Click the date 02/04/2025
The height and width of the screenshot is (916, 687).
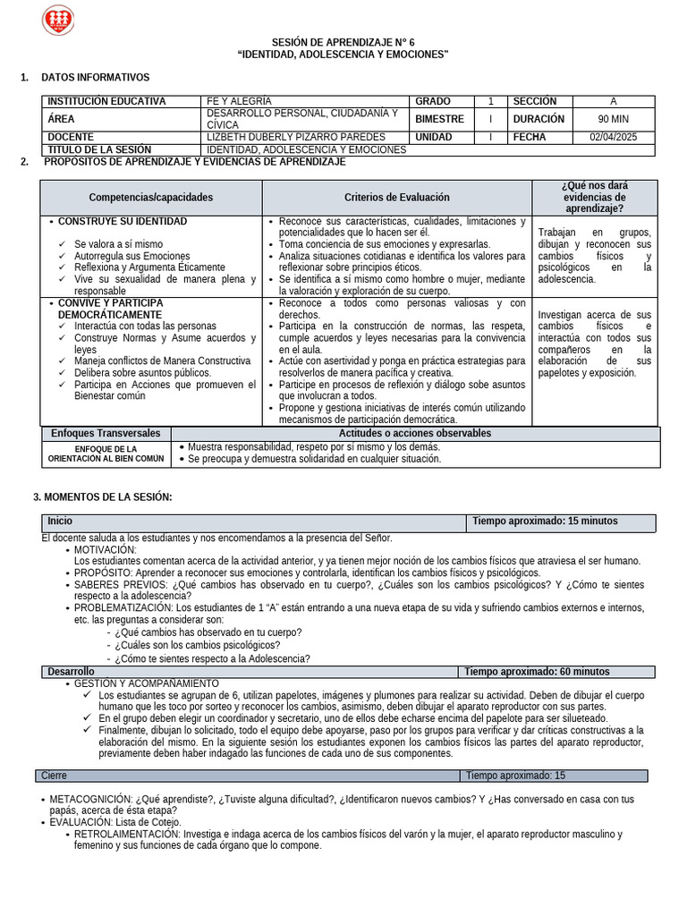(614, 137)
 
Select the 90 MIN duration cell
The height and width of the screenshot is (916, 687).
(614, 119)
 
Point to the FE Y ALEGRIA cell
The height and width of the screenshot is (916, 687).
(239, 101)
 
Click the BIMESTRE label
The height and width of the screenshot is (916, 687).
(440, 119)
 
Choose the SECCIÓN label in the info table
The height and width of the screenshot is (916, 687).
(535, 101)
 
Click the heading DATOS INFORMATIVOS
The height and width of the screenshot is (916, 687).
(96, 78)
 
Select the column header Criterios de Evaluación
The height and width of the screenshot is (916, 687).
(397, 197)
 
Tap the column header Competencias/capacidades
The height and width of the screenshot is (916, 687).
(151, 197)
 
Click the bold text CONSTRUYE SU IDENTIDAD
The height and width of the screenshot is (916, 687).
(123, 221)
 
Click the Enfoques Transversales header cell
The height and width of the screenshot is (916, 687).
(106, 433)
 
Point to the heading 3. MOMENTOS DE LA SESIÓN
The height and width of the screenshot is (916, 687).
(103, 496)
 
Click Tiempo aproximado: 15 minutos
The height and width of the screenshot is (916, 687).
(545, 521)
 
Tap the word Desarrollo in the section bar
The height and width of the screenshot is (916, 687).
(72, 672)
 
